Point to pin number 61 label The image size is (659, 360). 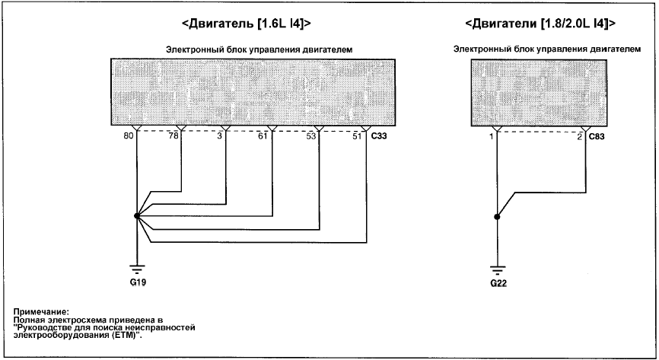coord(263,137)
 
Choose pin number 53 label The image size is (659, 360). coord(310,137)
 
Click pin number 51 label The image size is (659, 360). coord(357,137)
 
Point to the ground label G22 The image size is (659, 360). coord(497,284)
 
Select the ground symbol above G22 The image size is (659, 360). coord(497,269)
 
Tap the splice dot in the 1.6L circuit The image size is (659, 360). coord(136,217)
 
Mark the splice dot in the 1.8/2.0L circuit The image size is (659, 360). coord(497,217)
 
